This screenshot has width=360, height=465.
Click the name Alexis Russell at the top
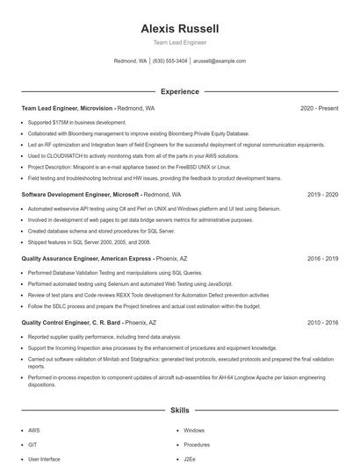click(179, 28)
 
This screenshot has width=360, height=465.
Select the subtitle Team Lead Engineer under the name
click(179, 42)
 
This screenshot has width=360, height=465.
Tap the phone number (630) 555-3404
click(169, 61)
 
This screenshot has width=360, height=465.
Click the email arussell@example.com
click(219, 61)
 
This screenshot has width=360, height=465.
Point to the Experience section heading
click(179, 91)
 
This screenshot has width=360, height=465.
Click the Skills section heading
click(179, 410)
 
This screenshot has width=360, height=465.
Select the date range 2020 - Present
click(319, 109)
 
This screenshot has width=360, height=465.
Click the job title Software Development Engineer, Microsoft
click(80, 194)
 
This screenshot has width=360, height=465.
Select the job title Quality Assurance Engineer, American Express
click(86, 259)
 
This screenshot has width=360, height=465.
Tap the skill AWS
click(33, 431)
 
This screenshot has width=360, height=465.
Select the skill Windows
click(194, 431)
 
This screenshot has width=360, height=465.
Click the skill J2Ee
click(191, 459)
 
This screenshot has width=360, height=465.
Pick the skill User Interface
click(44, 459)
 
